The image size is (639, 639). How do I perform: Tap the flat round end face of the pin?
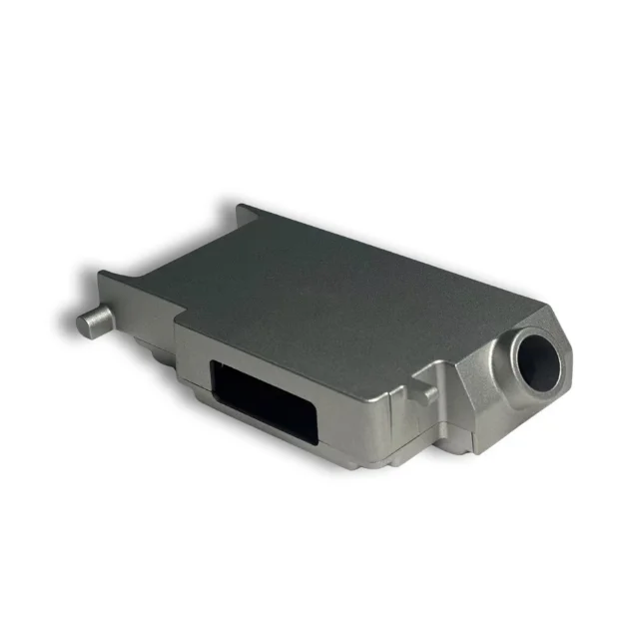pyautogui.click(x=84, y=321)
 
